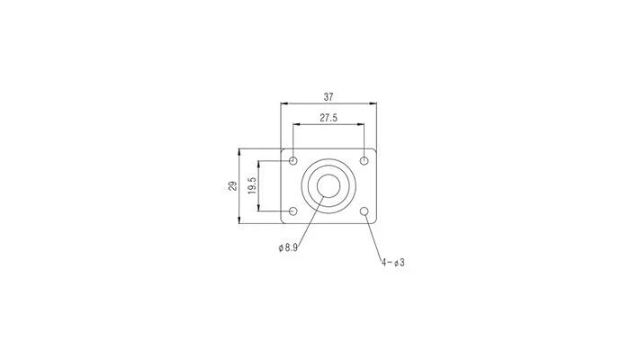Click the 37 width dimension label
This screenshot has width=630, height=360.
[x=328, y=97]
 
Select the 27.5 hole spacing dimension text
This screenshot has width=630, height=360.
[x=328, y=118]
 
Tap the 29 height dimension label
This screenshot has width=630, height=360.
[x=233, y=186]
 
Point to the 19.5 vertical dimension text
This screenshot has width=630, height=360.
[x=252, y=185]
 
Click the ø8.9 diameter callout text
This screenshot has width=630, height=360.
[x=288, y=247]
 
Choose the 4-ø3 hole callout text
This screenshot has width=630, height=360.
[x=393, y=263]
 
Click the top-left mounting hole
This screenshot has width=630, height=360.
[x=293, y=161]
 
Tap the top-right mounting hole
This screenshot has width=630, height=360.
[x=364, y=161]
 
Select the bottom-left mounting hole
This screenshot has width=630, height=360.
[x=293, y=211]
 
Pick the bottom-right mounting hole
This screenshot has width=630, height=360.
[x=364, y=211]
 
